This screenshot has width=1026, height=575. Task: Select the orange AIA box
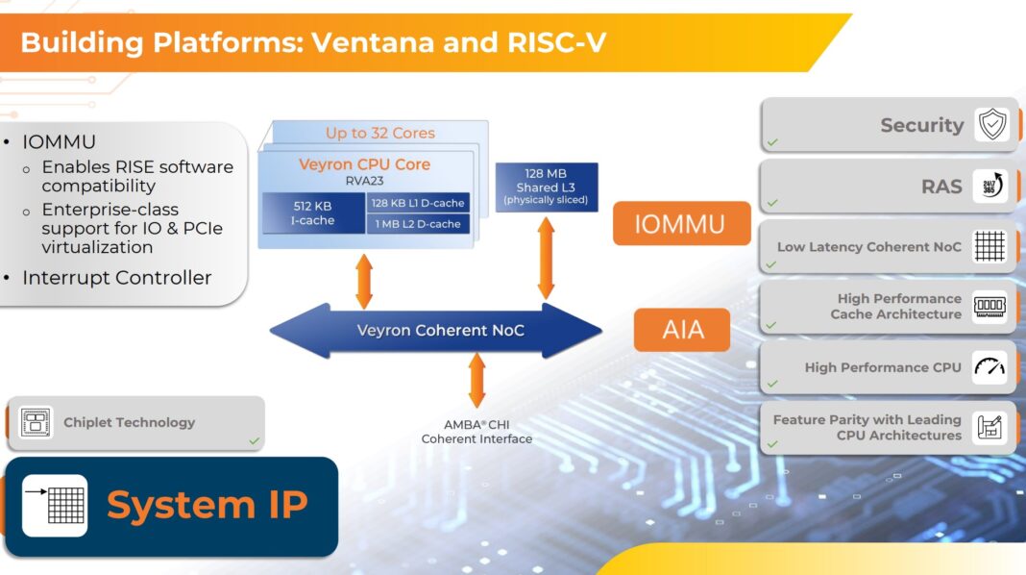pyautogui.click(x=681, y=330)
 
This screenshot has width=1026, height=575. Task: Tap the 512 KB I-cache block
pyautogui.click(x=312, y=212)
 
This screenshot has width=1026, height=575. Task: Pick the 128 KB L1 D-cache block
pyautogui.click(x=418, y=202)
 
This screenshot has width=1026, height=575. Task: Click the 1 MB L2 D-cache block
pyautogui.click(x=418, y=224)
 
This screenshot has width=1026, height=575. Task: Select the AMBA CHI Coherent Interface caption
pyautogui.click(x=476, y=432)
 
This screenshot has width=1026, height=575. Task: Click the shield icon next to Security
pyautogui.click(x=990, y=125)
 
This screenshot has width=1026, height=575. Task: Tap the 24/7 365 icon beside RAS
pyautogui.click(x=990, y=186)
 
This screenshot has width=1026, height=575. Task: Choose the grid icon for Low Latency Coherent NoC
pyautogui.click(x=989, y=246)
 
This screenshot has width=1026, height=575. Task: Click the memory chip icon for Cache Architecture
pyautogui.click(x=989, y=307)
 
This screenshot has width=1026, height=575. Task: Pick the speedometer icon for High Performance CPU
pyautogui.click(x=989, y=367)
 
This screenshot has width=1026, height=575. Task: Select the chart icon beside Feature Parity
pyautogui.click(x=989, y=427)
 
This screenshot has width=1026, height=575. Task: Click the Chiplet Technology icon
pyautogui.click(x=36, y=422)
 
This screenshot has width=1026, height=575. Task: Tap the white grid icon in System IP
pyautogui.click(x=55, y=505)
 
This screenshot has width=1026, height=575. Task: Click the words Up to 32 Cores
pyautogui.click(x=379, y=133)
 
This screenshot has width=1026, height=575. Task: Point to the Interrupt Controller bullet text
pyautogui.click(x=116, y=278)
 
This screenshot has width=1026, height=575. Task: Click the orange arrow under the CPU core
pyautogui.click(x=364, y=281)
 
